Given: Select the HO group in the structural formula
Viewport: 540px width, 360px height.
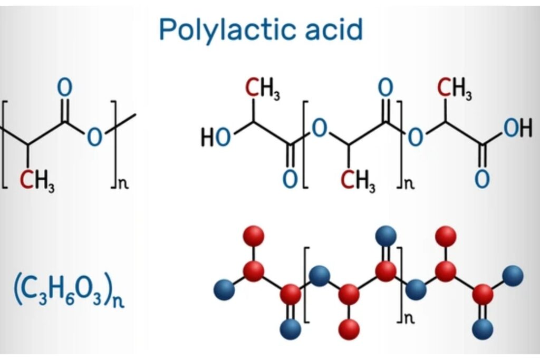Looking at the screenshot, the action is pyautogui.click(x=216, y=138).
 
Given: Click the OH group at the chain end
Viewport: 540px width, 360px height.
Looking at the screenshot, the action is pyautogui.click(x=518, y=128).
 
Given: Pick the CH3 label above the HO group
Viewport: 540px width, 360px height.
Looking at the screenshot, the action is pyautogui.click(x=263, y=88).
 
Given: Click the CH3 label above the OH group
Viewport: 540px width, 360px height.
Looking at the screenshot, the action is pyautogui.click(x=454, y=88).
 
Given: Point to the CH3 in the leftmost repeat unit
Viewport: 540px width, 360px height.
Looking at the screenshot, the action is pyautogui.click(x=37, y=181).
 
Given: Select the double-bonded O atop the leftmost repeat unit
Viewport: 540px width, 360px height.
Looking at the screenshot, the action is pyautogui.click(x=65, y=87).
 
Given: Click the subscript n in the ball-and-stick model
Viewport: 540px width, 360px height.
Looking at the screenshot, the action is pyautogui.click(x=409, y=318).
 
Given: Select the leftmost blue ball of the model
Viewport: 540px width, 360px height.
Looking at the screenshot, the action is pyautogui.click(x=225, y=289).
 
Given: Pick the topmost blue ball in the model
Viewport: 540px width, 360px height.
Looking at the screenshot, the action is pyautogui.click(x=385, y=237).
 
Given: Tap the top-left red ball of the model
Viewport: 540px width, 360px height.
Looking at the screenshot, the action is pyautogui.click(x=254, y=237).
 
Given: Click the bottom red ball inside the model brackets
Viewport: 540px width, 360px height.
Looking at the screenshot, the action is pyautogui.click(x=349, y=329).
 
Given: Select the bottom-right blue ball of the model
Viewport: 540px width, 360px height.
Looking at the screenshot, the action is pyautogui.click(x=483, y=329).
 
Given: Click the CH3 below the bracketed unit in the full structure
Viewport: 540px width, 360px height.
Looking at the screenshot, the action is pyautogui.click(x=358, y=181).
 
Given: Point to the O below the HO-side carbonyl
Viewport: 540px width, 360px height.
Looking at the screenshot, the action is pyautogui.click(x=290, y=179).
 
